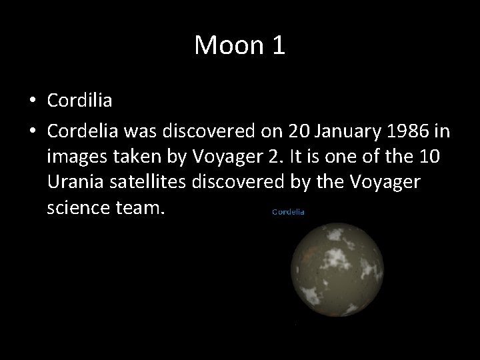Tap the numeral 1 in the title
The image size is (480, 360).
[277, 45]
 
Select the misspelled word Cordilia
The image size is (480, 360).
[79, 101]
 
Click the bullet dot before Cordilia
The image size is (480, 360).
[33, 101]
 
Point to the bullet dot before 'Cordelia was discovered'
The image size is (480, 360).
[33, 132]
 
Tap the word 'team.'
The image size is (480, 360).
[139, 208]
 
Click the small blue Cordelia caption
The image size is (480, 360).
[288, 212]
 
